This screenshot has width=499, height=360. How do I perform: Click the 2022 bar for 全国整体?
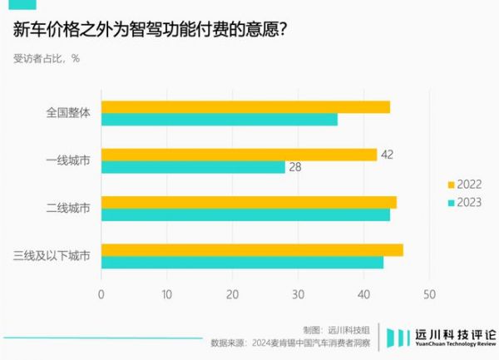245,107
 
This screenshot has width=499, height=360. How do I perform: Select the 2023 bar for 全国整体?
220,120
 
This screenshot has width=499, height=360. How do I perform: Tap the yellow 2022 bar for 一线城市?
239,155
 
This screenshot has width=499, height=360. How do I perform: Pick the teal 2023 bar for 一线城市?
193,167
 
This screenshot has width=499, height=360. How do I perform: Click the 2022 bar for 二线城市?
249,202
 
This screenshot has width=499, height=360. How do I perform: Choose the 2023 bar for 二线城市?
245,215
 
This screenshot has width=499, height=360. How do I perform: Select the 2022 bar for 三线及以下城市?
252,249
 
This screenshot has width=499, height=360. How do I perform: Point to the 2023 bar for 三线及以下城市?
242,262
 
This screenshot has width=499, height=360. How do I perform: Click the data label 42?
387,155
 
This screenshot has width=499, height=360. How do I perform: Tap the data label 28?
294,167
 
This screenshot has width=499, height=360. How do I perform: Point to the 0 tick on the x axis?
101,294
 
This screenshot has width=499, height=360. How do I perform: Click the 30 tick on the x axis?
298,294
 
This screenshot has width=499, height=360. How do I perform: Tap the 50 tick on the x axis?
429,294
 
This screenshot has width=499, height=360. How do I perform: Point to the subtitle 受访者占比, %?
47,58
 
